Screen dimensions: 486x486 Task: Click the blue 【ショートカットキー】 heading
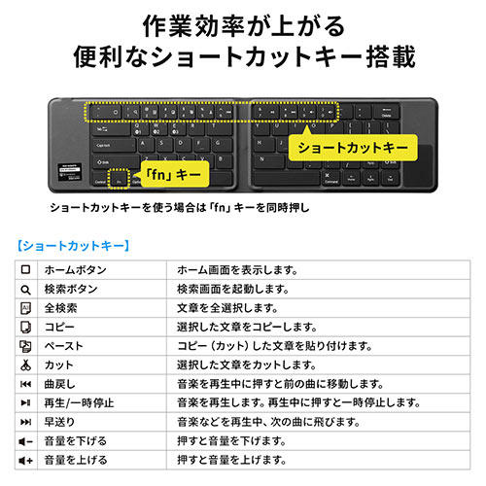[x=74, y=245]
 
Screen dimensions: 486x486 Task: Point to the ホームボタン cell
[x=76, y=269]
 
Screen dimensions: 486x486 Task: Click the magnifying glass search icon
[x=26, y=289]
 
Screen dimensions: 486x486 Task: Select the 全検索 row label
[x=60, y=308]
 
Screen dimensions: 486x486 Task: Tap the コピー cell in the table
[x=59, y=327]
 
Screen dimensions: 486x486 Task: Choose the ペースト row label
[x=65, y=346]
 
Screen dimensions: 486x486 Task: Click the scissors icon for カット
[x=26, y=364]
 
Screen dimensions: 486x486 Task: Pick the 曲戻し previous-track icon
[x=26, y=384]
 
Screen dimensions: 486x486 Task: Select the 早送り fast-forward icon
[x=26, y=422]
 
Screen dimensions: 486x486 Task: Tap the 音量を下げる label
[x=76, y=440]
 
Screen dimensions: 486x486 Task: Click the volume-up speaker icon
[x=26, y=460]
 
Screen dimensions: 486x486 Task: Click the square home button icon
[x=26, y=269]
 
